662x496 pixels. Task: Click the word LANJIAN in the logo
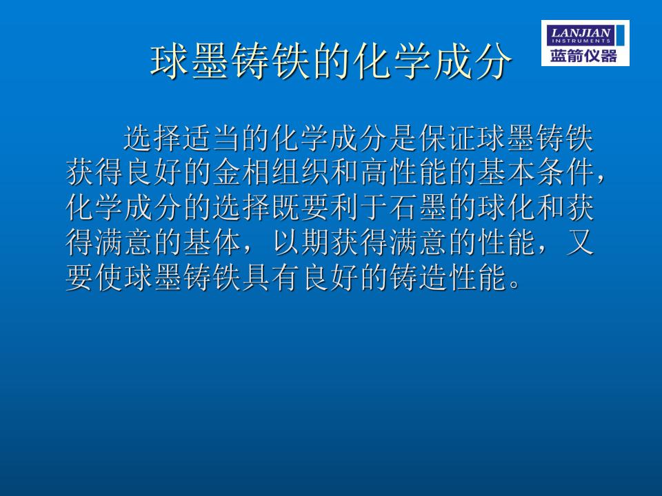click(x=581, y=32)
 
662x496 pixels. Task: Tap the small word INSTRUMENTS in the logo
click(x=581, y=41)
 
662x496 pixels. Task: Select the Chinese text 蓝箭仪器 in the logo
click(x=583, y=56)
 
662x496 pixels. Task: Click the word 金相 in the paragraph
click(x=242, y=172)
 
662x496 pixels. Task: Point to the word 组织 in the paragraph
click(x=301, y=172)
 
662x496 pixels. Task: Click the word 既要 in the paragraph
click(x=301, y=207)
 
